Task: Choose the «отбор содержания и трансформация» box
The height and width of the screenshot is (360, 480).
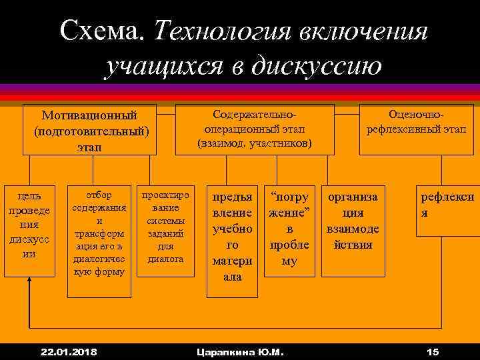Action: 99,233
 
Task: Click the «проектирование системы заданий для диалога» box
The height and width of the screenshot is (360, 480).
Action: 165,227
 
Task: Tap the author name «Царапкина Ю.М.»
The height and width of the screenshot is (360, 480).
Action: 237,351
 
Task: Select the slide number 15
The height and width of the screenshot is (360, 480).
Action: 433,351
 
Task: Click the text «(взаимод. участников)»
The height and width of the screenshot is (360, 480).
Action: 255,143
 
